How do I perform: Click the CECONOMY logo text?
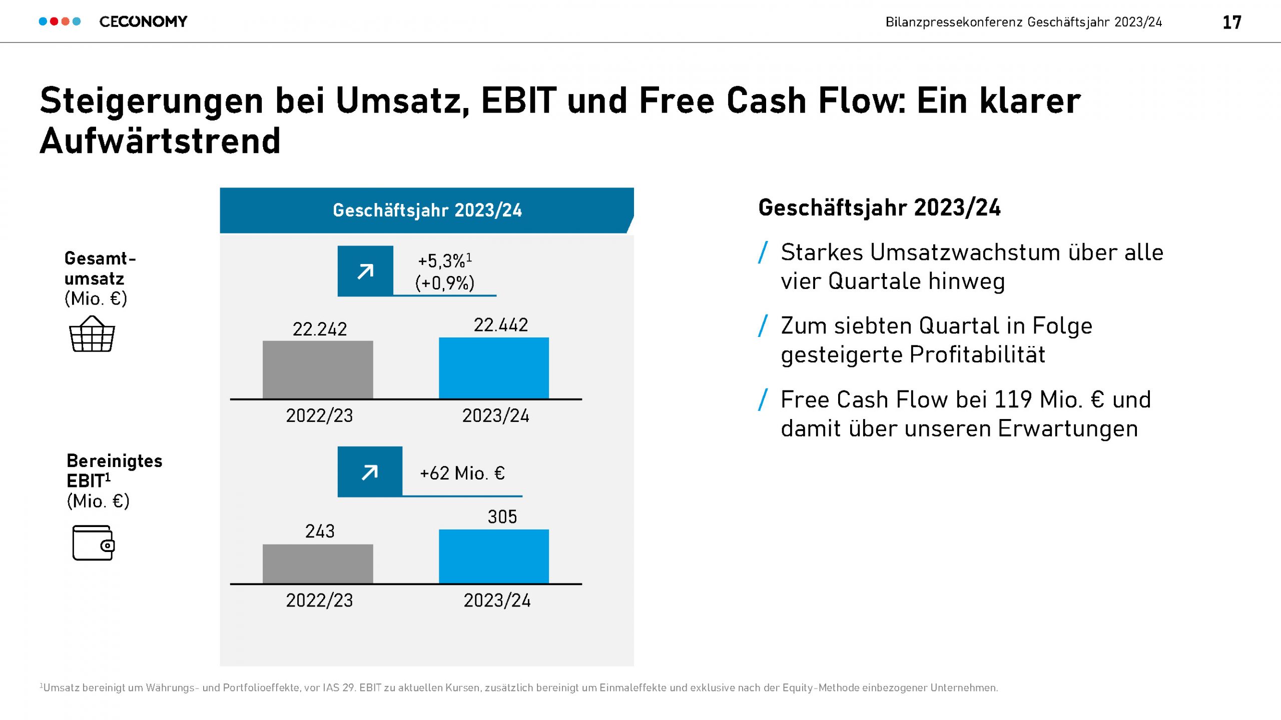[143, 21]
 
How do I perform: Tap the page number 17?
[1231, 22]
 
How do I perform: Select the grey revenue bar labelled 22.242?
[318, 369]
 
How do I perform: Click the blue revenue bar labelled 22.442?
[494, 368]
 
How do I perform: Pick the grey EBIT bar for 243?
[318, 563]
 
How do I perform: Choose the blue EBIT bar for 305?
[494, 556]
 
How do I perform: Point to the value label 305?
[502, 516]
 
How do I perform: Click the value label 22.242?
[320, 329]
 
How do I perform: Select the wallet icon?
[93, 542]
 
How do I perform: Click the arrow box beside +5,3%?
[365, 271]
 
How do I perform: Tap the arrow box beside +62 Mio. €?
[370, 471]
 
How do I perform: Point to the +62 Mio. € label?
[462, 473]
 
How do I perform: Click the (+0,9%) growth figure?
[445, 283]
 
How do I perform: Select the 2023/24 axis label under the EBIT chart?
[497, 600]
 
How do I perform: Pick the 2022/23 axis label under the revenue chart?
[319, 415]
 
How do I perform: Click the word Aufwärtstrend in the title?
[160, 141]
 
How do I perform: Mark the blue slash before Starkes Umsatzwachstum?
[763, 252]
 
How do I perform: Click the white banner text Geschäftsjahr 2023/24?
[427, 210]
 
